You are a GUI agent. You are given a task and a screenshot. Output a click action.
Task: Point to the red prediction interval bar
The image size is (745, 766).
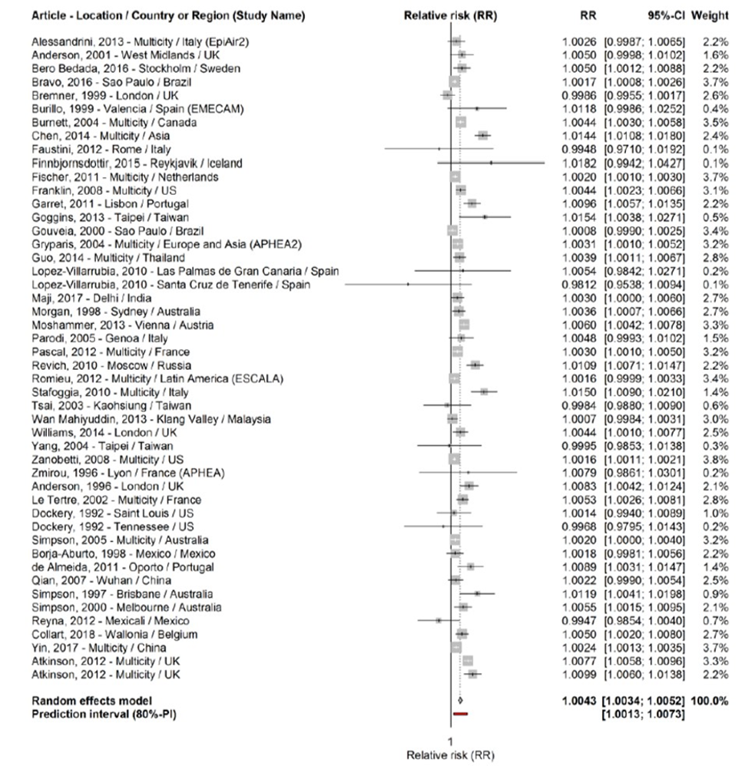[460, 714]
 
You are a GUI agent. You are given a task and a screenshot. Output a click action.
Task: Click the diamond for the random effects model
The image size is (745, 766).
[459, 701]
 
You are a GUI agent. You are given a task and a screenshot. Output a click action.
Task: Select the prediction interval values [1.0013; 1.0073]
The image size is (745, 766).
[644, 715]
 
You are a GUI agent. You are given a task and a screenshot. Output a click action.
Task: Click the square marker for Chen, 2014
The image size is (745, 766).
[483, 135]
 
